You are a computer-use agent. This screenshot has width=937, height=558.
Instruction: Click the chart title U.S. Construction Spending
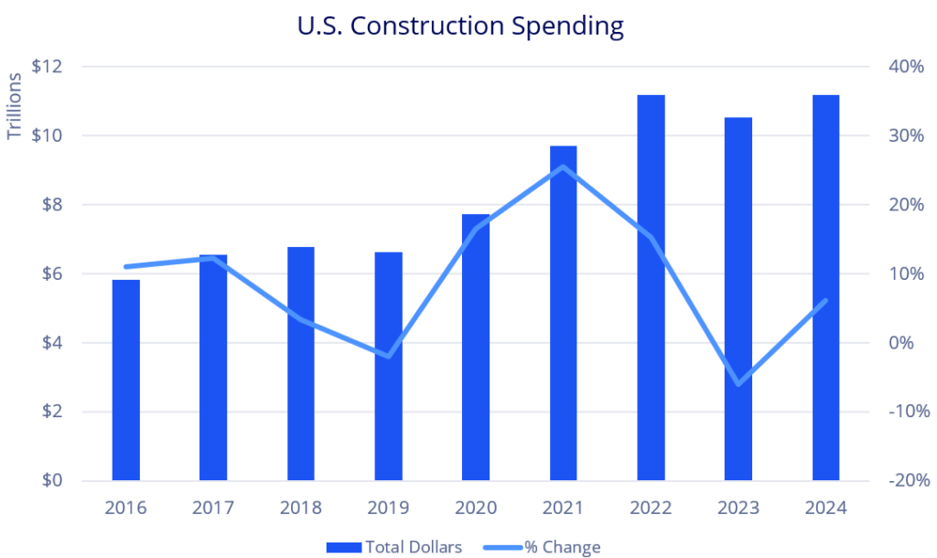click(x=460, y=26)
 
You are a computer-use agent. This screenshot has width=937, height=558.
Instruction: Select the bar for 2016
click(x=126, y=380)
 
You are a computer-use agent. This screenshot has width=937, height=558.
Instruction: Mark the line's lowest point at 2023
click(x=738, y=383)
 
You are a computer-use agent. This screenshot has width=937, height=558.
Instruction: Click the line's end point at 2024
click(x=825, y=301)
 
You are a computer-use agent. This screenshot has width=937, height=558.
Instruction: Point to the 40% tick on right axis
click(x=904, y=67)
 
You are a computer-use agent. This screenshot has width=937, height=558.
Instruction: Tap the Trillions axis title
click(x=15, y=105)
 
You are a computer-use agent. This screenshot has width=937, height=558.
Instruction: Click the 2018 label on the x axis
click(x=301, y=508)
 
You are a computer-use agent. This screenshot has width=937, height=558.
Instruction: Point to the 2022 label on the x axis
click(x=651, y=508)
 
